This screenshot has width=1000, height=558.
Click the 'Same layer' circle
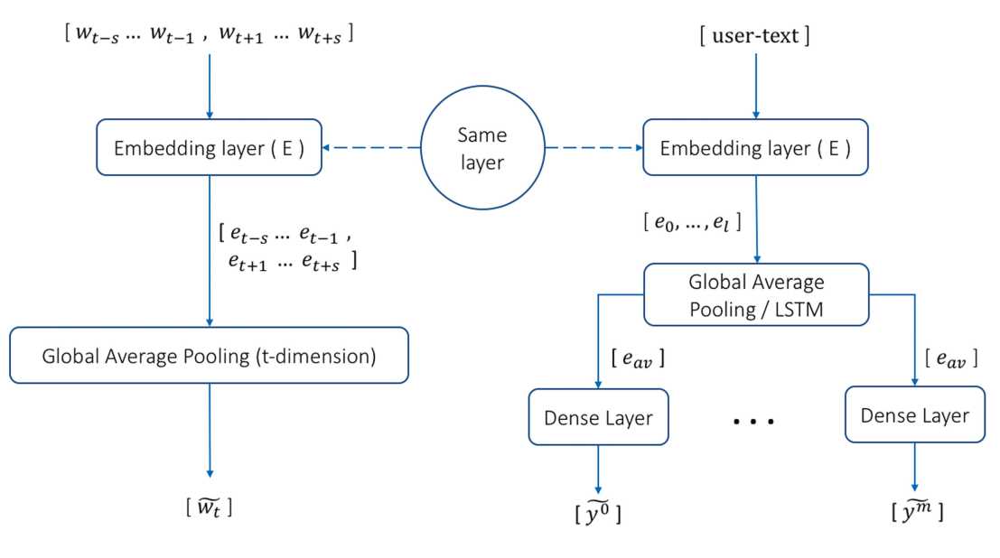(x=482, y=148)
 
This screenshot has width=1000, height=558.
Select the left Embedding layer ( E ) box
(x=210, y=147)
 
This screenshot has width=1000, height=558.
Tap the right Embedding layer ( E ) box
(x=754, y=147)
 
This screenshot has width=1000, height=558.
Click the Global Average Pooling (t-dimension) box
(x=209, y=356)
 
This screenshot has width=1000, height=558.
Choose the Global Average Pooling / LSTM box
(x=756, y=294)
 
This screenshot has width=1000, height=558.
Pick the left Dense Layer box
(x=597, y=417)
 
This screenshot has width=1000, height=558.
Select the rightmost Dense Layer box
(x=913, y=414)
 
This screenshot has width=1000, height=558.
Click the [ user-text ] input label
(x=754, y=36)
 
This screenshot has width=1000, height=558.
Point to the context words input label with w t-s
(x=210, y=35)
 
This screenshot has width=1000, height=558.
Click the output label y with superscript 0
(x=597, y=513)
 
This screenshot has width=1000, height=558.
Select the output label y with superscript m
(x=915, y=511)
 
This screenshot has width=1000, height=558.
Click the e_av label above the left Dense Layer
(x=636, y=360)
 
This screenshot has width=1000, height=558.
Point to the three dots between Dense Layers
(x=754, y=421)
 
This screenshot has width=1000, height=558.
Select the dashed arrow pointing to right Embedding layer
(x=592, y=148)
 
